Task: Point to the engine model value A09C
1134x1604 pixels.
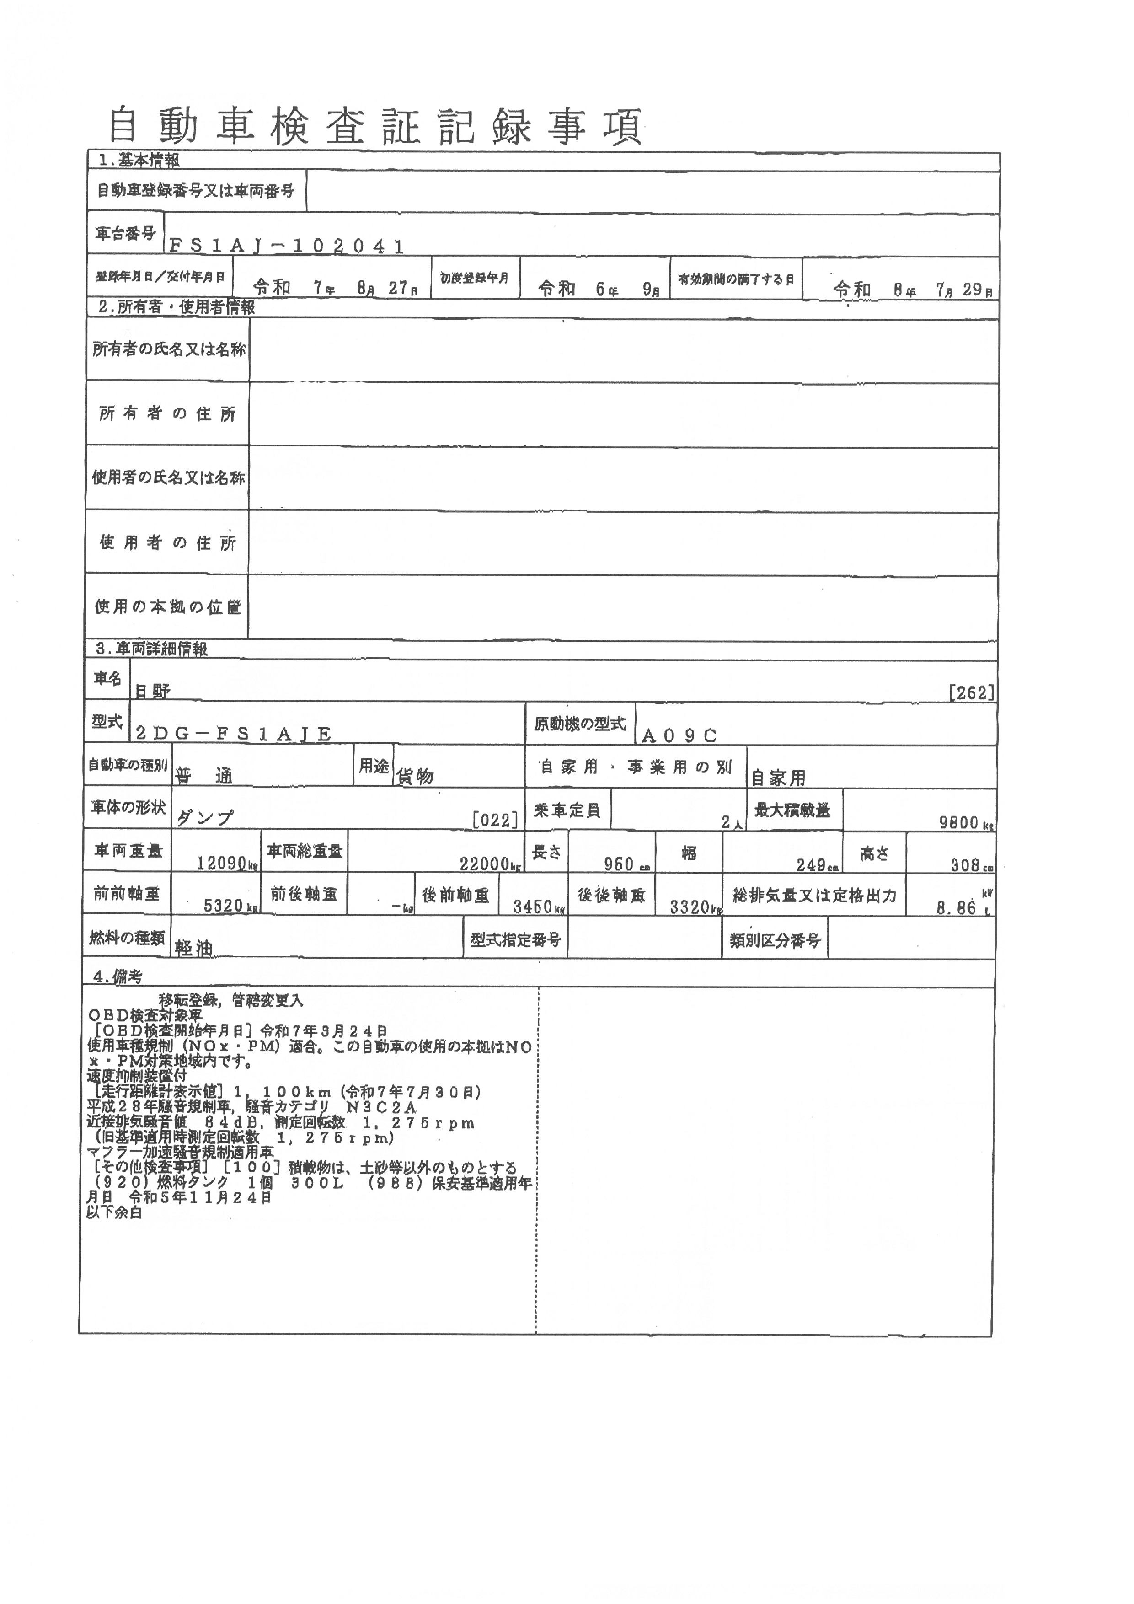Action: tap(679, 735)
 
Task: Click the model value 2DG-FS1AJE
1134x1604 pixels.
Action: tap(233, 734)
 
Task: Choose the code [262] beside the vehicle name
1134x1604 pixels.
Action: tap(971, 692)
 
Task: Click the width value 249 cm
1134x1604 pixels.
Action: tap(816, 865)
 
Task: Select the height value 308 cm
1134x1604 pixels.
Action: tap(971, 865)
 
